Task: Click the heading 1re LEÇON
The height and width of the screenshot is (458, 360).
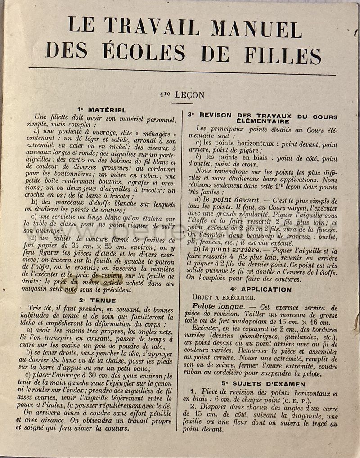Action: point(181,95)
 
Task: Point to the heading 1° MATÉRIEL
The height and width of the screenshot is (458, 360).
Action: point(102,109)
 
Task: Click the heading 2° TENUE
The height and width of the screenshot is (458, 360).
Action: point(98,300)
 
